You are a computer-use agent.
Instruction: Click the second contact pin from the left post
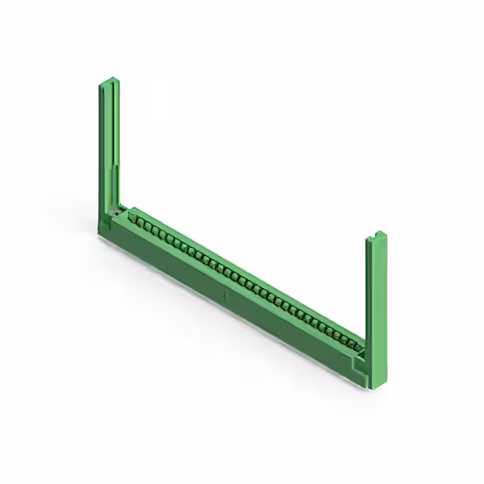[144, 225]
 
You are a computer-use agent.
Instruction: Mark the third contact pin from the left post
[152, 228]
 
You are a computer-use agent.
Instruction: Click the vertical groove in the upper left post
[112, 121]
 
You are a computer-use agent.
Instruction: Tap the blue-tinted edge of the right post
[368, 302]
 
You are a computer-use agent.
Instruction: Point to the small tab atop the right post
[379, 234]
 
